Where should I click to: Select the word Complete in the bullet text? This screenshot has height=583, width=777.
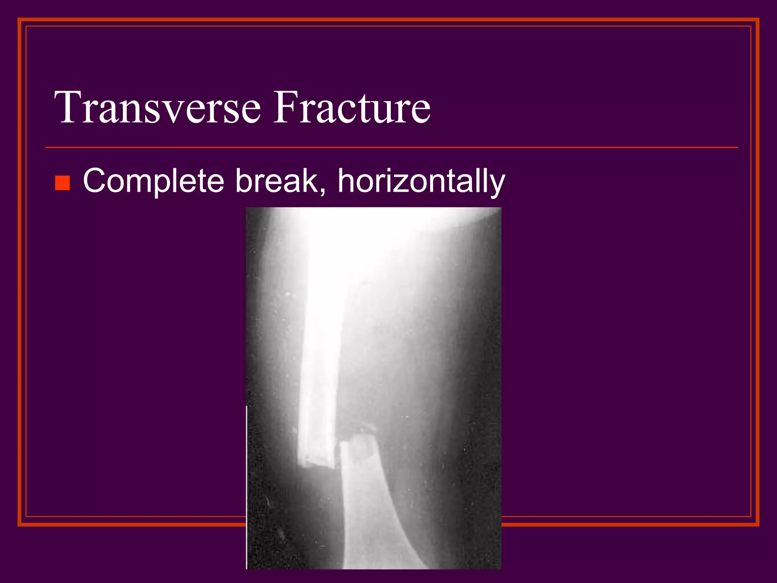coord(153,181)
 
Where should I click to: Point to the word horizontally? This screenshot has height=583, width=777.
coord(421,181)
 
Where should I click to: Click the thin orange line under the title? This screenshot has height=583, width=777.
coord(391,147)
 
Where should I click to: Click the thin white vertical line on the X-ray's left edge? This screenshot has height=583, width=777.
coord(247,486)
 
